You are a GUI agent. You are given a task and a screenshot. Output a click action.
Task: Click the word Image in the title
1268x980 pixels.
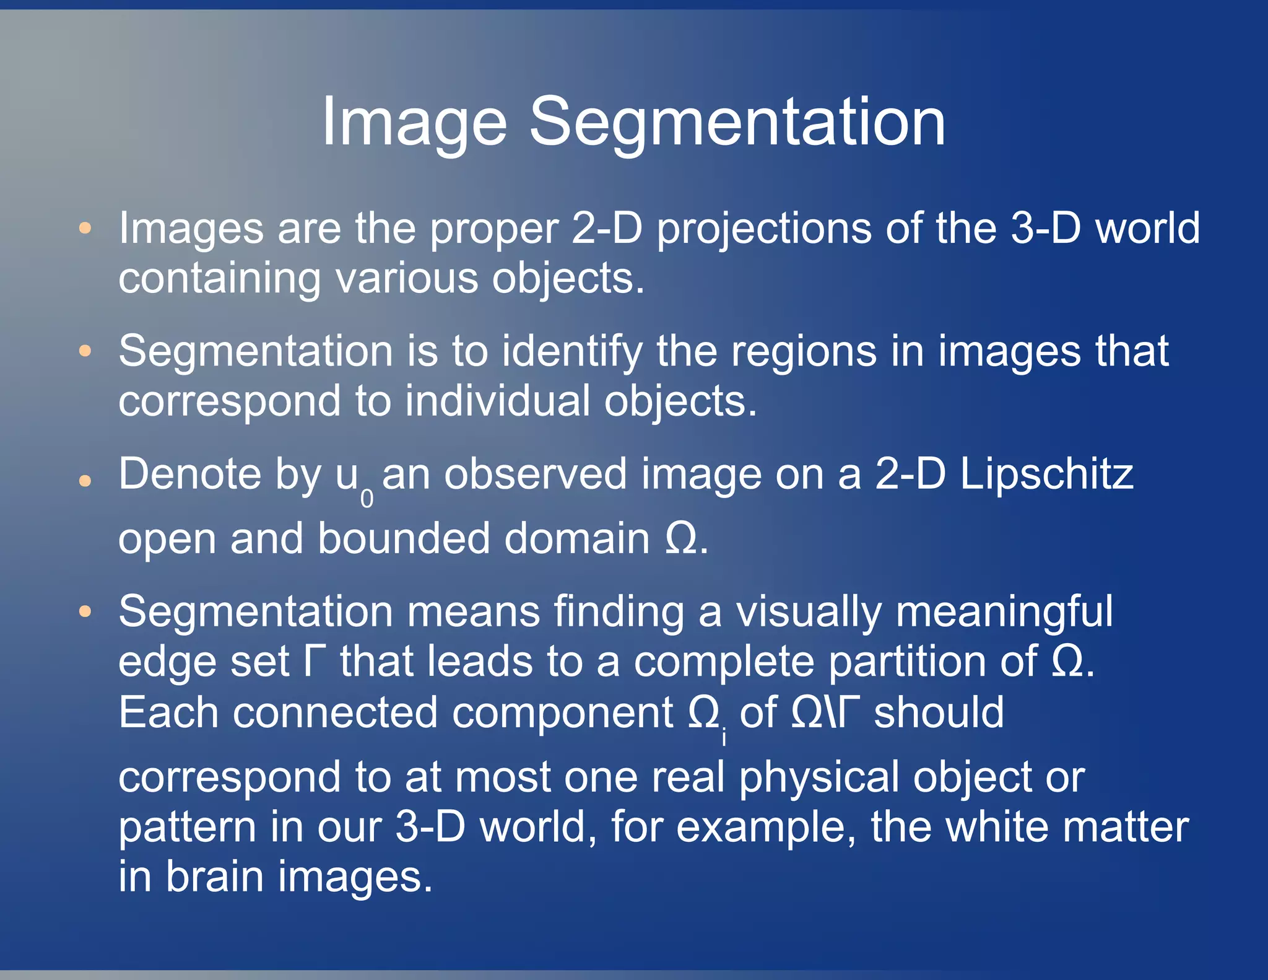coord(414,122)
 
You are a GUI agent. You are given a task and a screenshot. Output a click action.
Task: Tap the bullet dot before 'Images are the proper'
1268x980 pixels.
coord(85,228)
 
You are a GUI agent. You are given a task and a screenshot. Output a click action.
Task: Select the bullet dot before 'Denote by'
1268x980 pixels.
coord(85,480)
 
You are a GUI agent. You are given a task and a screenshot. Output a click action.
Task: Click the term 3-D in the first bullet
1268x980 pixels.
coord(1045,228)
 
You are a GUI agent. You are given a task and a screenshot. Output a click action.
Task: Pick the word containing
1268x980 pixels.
coord(220,278)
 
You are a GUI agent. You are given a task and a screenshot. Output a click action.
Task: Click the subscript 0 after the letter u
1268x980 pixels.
coord(367,498)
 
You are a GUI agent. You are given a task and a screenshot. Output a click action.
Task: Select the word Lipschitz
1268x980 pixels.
coord(1046,475)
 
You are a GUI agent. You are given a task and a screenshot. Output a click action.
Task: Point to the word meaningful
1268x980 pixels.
coord(1004,612)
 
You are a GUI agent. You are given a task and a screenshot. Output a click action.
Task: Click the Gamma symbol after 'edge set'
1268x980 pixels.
coord(313,661)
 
